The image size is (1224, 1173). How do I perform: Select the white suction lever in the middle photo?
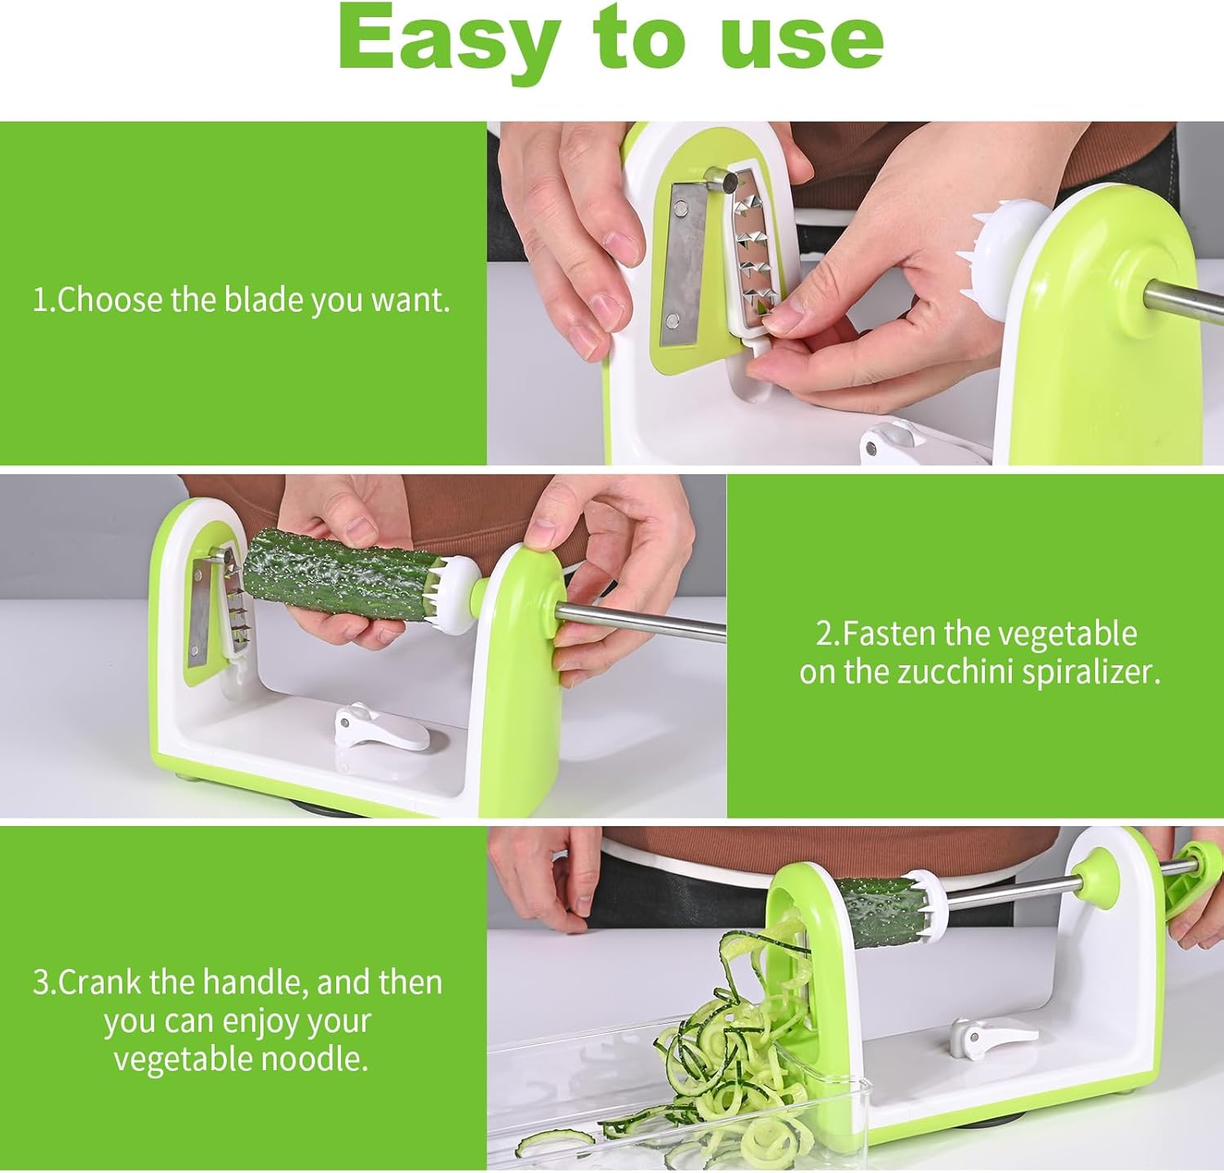click(x=379, y=726)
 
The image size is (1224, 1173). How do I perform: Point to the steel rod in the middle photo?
click(x=641, y=622)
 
